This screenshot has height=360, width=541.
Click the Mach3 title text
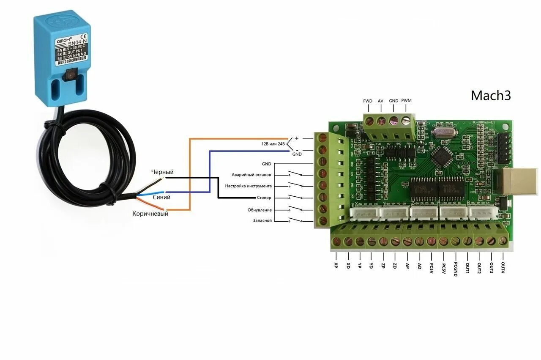(x=491, y=95)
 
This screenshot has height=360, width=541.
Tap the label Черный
(x=163, y=172)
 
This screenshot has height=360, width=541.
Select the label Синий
(x=161, y=197)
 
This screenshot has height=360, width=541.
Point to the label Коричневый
(x=150, y=214)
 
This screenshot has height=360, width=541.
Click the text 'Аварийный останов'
(x=251, y=175)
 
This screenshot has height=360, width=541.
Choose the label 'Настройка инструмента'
(x=249, y=186)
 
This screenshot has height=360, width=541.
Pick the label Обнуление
(x=260, y=210)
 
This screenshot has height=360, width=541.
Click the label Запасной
(x=262, y=220)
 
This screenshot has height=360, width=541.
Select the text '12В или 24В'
(x=273, y=144)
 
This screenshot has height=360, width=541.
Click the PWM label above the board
(x=406, y=101)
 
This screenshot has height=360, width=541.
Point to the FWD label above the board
(x=368, y=101)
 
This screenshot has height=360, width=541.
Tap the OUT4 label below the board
(x=503, y=267)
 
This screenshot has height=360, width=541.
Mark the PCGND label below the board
(x=456, y=269)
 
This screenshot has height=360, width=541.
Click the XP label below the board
(x=336, y=266)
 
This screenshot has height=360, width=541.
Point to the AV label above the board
(x=380, y=101)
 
